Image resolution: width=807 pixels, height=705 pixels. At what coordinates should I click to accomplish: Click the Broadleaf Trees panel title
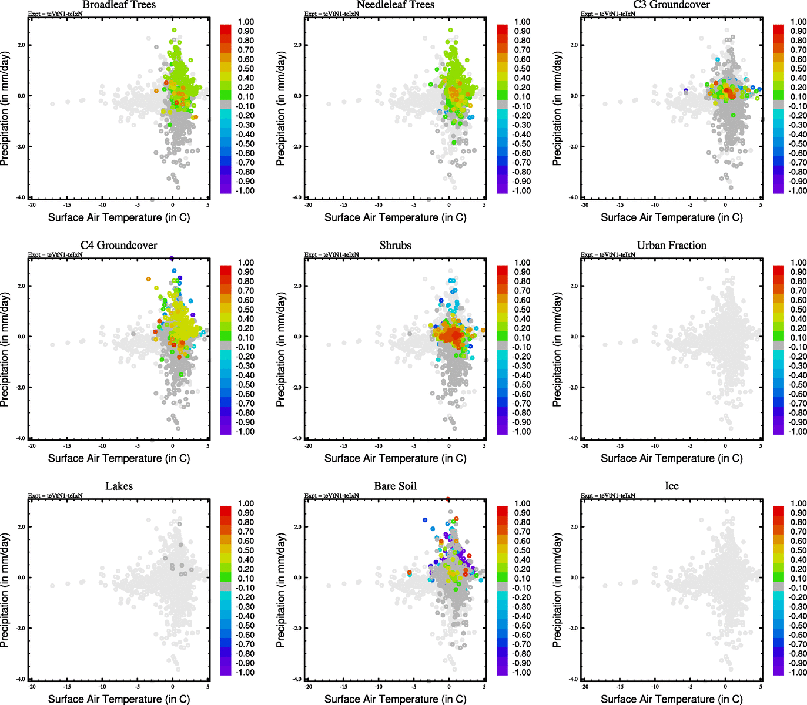[x=119, y=5]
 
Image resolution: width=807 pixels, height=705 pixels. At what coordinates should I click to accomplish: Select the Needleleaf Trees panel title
[x=395, y=5]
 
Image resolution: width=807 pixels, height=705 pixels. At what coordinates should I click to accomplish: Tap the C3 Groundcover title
[x=671, y=5]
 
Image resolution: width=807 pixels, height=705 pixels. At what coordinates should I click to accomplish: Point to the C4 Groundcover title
[x=119, y=246]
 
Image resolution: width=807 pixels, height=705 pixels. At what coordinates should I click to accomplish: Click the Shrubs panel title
[x=395, y=246]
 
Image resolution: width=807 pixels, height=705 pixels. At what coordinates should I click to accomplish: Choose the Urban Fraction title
[x=671, y=246]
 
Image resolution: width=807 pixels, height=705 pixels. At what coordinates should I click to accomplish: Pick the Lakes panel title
[x=119, y=486]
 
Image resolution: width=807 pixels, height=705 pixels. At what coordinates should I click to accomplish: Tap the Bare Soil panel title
[x=395, y=486]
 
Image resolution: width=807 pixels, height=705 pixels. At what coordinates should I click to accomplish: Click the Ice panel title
[x=671, y=486]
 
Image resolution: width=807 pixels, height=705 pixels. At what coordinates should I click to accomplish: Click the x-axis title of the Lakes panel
[x=119, y=699]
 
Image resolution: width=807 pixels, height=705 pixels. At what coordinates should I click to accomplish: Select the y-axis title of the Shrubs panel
[x=281, y=350]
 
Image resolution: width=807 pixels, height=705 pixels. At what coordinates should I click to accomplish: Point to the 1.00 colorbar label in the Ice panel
[x=798, y=503]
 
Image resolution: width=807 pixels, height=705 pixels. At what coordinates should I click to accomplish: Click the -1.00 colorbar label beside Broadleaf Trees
[x=245, y=191]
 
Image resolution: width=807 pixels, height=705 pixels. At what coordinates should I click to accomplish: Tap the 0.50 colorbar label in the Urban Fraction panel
[x=798, y=310]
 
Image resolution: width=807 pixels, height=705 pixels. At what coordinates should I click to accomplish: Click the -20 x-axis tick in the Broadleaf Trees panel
[x=32, y=205]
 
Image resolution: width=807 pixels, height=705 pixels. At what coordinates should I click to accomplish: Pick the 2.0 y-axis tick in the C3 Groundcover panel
[x=574, y=45]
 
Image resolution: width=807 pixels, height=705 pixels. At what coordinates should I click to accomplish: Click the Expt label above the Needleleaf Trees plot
[x=331, y=14]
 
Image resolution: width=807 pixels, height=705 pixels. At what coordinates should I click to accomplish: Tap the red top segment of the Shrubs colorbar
[x=503, y=270]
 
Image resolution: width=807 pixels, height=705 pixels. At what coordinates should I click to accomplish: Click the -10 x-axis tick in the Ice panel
[x=655, y=687]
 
